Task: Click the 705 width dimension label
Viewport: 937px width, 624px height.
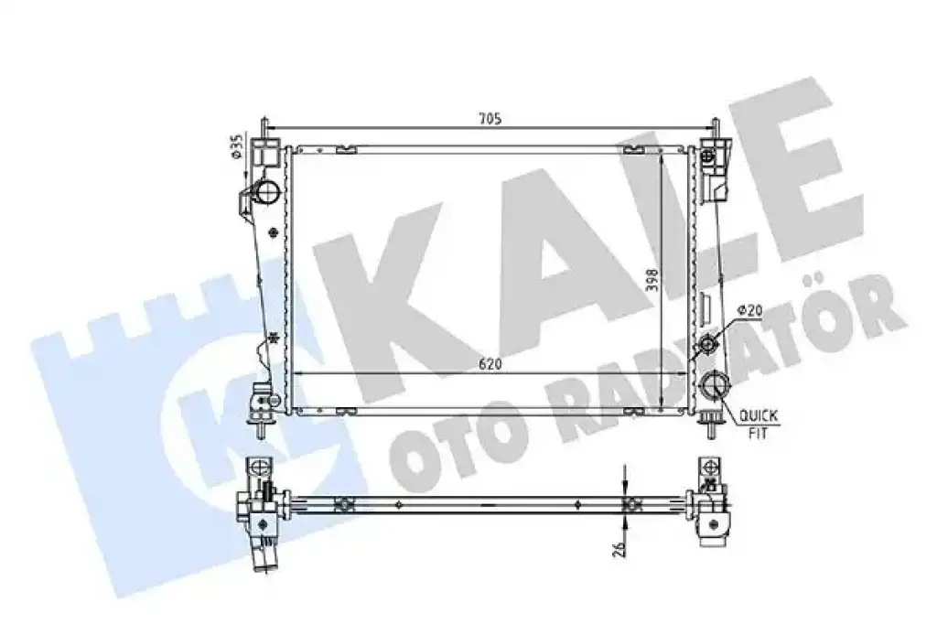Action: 490,119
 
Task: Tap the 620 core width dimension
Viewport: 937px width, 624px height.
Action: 490,364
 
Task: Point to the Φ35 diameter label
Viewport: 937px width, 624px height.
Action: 237,147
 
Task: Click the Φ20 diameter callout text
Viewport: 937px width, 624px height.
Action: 750,310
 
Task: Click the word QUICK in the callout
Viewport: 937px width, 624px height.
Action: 759,414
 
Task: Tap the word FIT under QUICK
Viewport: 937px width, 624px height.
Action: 758,432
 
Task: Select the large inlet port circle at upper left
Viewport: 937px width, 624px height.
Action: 267,192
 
